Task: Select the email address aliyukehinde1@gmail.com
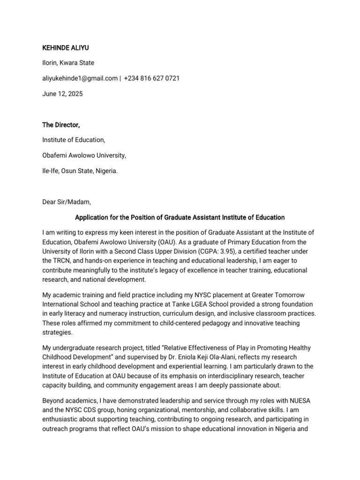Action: [x=80, y=78]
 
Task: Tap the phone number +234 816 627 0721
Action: [x=152, y=78]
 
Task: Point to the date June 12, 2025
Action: [x=62, y=94]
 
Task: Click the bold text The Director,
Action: [x=61, y=125]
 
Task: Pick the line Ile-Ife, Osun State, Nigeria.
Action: [x=80, y=171]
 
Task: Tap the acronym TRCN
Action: [x=64, y=261]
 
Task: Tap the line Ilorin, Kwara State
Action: [x=68, y=63]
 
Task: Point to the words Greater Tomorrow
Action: [x=277, y=295]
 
